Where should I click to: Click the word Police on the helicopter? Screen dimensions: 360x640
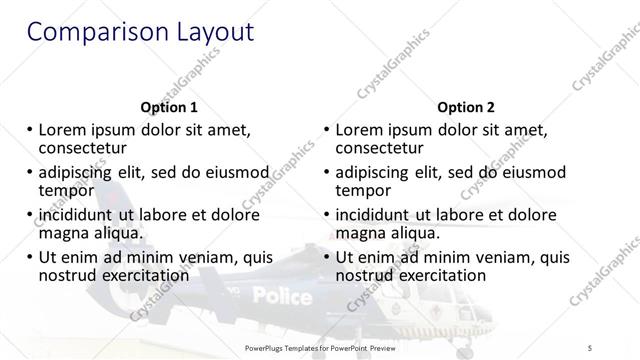click(x=282, y=295)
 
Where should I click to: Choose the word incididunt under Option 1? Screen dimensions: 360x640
click(x=85, y=215)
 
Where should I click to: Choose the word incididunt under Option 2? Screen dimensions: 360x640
click(x=382, y=215)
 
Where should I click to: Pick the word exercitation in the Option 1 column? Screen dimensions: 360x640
click(x=142, y=275)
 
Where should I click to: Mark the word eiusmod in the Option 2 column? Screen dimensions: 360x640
click(x=531, y=172)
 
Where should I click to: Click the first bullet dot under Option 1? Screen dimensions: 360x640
click(x=30, y=130)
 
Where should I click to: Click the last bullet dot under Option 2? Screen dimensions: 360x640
click(x=327, y=257)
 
